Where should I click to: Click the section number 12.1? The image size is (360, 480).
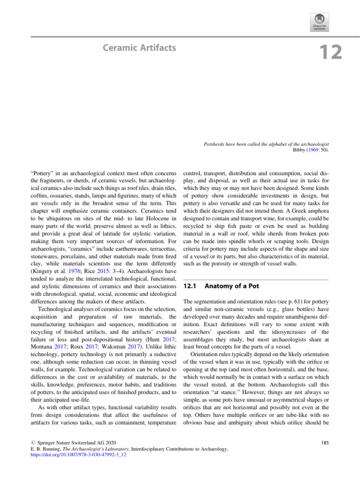(188, 286)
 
